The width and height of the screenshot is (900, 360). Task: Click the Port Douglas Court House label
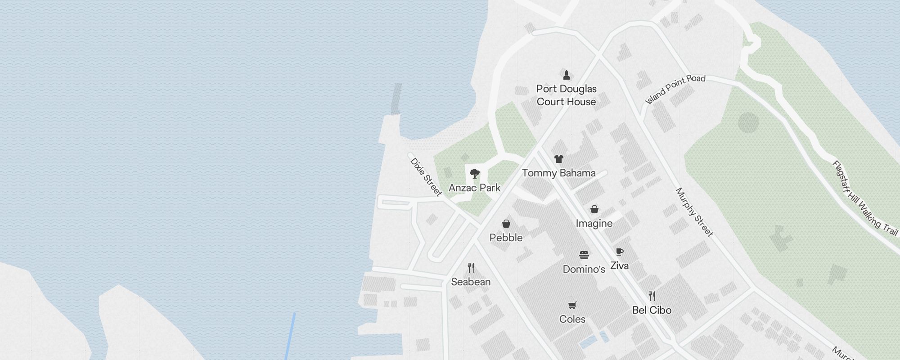tap(566, 95)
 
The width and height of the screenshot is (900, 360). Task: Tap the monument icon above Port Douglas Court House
tap(567, 75)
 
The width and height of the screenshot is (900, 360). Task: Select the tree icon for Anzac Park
tap(474, 174)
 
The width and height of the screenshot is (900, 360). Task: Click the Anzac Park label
tap(474, 188)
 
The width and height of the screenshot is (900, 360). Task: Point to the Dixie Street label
tap(426, 177)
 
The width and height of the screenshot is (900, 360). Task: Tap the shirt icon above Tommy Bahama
tap(558, 158)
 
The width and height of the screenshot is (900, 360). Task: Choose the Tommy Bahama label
tap(558, 173)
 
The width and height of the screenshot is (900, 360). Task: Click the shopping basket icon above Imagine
tap(594, 209)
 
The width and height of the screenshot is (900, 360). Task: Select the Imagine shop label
tap(594, 223)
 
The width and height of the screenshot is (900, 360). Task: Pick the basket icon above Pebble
tap(506, 224)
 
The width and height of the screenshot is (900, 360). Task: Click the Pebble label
tap(506, 238)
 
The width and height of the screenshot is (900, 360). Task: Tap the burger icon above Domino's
tap(584, 255)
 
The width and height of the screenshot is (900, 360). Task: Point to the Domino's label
tap(584, 269)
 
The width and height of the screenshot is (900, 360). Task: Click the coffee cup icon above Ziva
tap(620, 252)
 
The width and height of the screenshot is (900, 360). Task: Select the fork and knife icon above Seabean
tap(471, 268)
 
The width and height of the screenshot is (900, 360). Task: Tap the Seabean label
tap(471, 282)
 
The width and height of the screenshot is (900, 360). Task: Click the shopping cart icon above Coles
tap(572, 306)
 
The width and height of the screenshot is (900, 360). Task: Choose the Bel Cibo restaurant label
tap(652, 310)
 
